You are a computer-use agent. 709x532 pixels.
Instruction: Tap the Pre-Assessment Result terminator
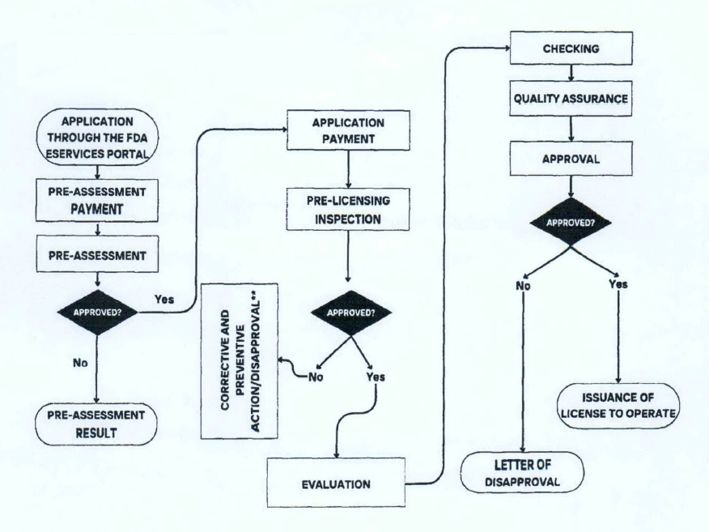point(97,423)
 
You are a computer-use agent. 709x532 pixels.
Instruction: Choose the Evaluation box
point(336,484)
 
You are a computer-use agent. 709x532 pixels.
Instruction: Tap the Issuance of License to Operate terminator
point(618,403)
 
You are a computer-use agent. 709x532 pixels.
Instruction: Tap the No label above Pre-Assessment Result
point(80,364)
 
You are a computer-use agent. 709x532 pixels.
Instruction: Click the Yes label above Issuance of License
point(618,284)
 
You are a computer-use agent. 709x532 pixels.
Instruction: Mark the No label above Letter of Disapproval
point(524,284)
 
